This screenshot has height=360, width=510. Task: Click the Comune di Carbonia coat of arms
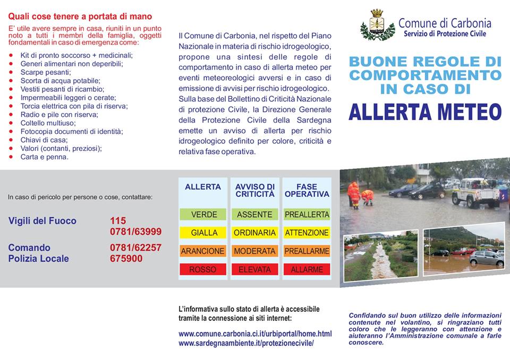point(377,25)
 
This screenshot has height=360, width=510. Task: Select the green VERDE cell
point(204,215)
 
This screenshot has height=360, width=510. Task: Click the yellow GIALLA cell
point(204,233)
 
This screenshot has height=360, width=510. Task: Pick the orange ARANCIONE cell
point(203,251)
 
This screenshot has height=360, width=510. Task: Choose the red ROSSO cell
point(203,269)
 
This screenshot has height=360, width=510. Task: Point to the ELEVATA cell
point(254,269)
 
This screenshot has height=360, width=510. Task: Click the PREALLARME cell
point(307,251)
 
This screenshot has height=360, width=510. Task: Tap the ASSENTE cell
point(254,215)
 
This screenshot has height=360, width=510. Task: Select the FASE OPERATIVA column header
point(307,190)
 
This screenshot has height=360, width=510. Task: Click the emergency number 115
point(118,220)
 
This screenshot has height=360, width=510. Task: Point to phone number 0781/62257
point(135,247)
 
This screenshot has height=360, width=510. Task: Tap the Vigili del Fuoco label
point(42,220)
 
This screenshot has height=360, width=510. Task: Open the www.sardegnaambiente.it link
point(246,343)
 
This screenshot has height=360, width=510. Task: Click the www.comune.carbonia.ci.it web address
point(255,334)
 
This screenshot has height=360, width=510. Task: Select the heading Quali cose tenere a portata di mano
point(80,17)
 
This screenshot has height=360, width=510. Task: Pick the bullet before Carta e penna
point(11,157)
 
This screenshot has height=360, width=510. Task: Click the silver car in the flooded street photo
point(486,258)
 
